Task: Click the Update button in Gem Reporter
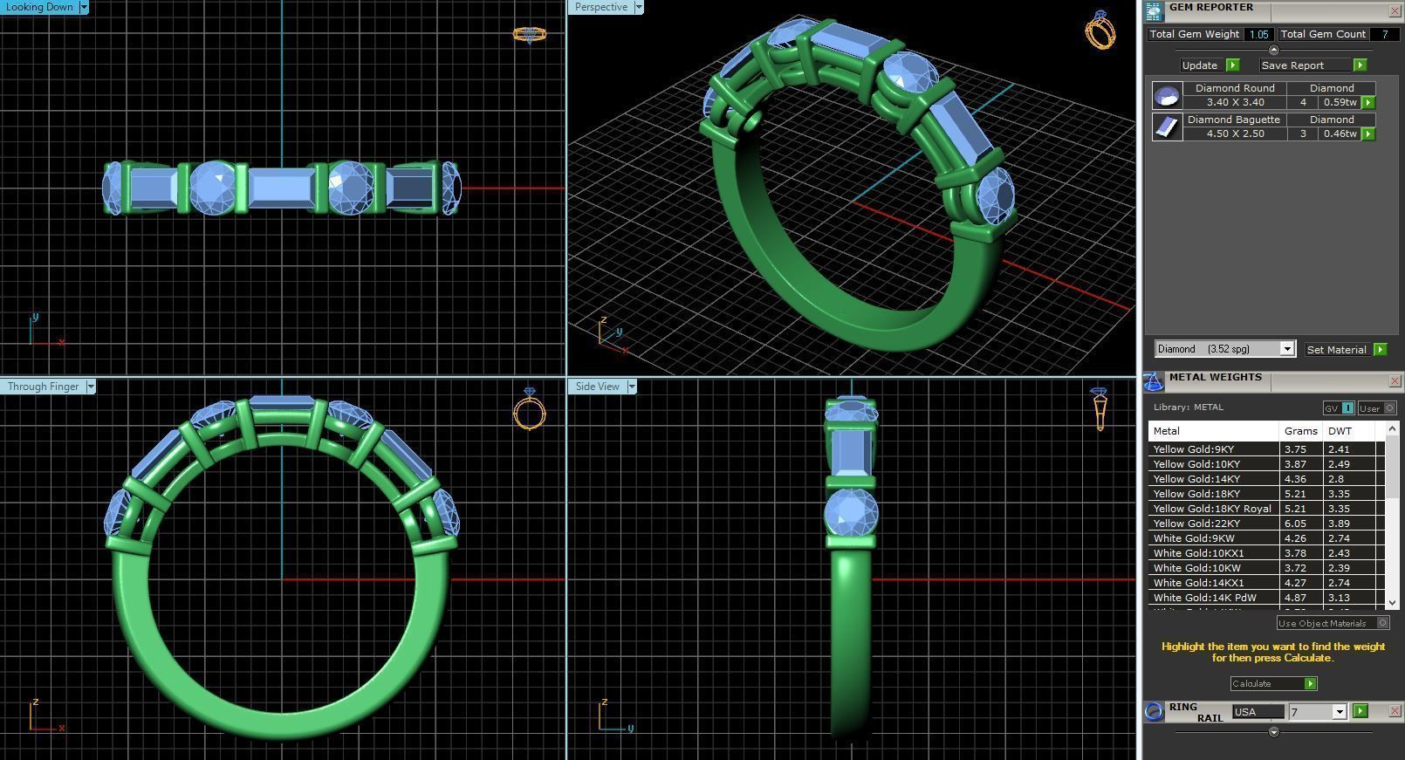1200,65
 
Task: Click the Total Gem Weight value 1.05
1258,34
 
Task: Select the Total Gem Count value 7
1384,34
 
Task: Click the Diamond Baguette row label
1234,120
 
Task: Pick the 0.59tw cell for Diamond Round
1340,102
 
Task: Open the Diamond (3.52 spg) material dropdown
1286,349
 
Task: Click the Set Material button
1336,349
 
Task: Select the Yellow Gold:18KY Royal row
1211,509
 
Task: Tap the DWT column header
1340,431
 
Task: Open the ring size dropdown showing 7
1339,712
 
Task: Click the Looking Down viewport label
39,7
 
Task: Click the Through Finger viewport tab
43,387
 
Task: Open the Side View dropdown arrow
631,387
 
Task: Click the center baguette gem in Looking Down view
281,187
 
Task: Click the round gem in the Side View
851,512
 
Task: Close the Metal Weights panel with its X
1394,381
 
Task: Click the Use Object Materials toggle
1382,623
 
